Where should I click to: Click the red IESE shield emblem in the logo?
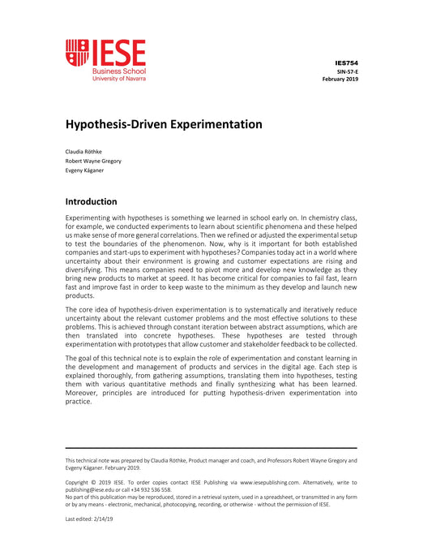[78, 52]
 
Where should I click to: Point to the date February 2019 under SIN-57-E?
[340, 80]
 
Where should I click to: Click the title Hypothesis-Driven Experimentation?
[164, 124]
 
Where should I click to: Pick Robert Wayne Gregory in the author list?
[93, 161]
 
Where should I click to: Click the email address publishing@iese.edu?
[96, 490]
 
